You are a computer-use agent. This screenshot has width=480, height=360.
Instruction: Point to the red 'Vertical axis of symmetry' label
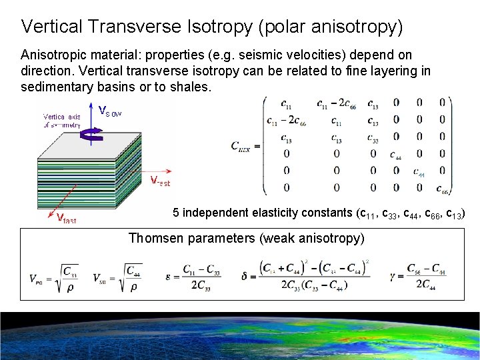(x=61, y=121)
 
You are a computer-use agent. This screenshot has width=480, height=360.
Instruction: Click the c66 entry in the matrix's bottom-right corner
(x=442, y=188)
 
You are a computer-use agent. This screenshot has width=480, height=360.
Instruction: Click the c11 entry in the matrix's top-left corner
(x=285, y=104)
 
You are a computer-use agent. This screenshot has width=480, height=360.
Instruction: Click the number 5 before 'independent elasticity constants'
(x=176, y=213)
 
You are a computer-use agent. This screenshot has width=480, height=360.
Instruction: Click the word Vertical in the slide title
(x=48, y=27)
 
